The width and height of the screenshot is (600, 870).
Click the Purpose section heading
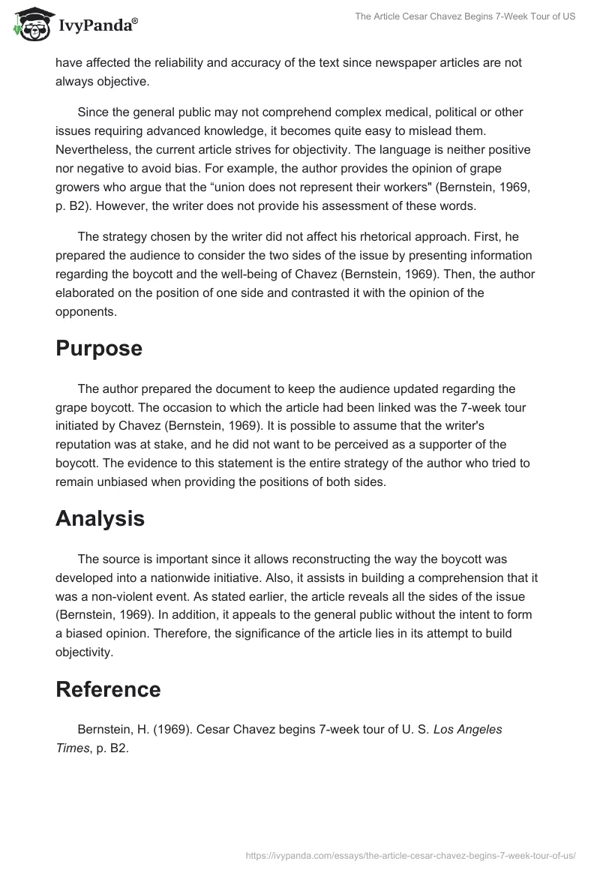point(98,348)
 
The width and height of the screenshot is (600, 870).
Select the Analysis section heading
point(100,517)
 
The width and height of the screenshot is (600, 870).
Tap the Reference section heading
point(108,688)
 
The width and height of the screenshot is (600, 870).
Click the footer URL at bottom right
point(411,854)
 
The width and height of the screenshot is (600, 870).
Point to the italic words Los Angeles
point(468,729)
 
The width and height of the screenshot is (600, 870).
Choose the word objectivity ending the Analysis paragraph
point(83,652)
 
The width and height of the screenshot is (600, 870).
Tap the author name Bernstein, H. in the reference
point(111,729)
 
